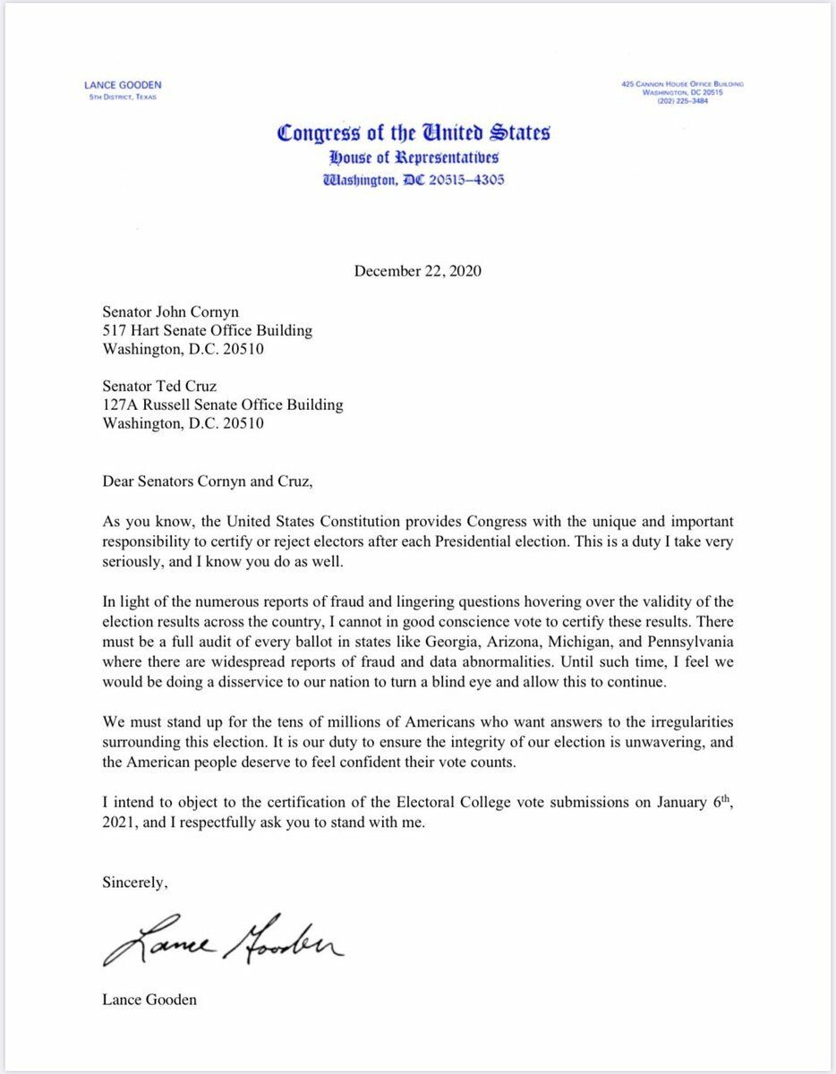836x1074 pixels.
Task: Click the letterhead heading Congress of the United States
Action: (x=413, y=133)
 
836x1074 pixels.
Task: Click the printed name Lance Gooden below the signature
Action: (x=149, y=1000)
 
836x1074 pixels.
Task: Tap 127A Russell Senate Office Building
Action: (x=223, y=405)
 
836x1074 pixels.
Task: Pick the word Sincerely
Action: (x=134, y=882)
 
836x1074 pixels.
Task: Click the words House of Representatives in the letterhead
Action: (x=413, y=158)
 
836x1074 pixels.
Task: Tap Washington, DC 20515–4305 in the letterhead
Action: (x=413, y=178)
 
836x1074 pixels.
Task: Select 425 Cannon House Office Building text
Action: (x=682, y=84)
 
